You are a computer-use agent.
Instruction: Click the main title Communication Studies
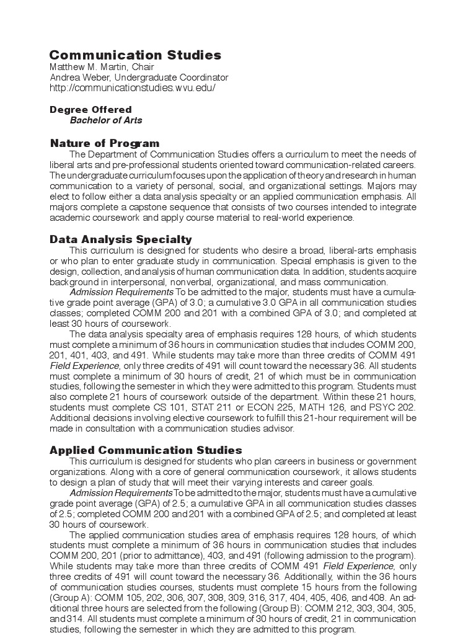(x=135, y=55)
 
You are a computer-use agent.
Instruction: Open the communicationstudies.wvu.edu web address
(x=133, y=88)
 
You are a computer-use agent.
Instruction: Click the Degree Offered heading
(x=90, y=110)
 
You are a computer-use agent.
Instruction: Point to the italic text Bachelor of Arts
(x=106, y=120)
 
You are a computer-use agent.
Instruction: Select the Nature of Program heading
(x=105, y=144)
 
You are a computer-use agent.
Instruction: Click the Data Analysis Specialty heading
(x=121, y=239)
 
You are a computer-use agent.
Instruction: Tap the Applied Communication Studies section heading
(x=146, y=450)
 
